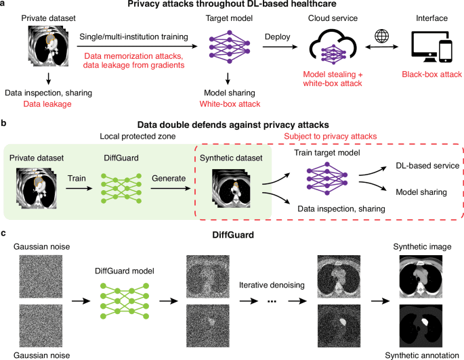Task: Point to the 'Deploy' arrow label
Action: point(274,35)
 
